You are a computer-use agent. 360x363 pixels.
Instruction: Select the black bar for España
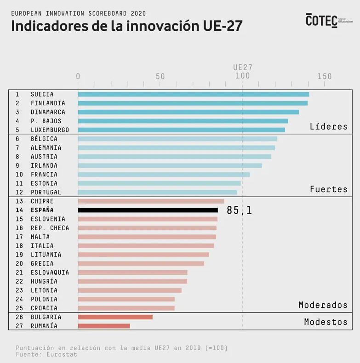click(148, 210)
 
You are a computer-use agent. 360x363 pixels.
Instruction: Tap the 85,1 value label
click(239, 210)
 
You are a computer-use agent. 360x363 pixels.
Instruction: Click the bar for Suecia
click(193, 94)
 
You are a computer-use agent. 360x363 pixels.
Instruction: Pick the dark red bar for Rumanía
click(104, 326)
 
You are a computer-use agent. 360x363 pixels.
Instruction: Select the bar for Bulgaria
click(115, 317)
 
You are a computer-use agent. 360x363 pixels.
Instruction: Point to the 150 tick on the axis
click(324, 76)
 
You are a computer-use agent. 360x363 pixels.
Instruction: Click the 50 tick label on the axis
click(160, 76)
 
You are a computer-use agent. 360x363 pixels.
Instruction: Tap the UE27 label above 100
click(242, 67)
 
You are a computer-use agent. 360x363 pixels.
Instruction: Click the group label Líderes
click(328, 126)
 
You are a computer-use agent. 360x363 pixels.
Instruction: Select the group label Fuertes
click(328, 189)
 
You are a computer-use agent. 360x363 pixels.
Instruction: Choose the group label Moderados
click(323, 305)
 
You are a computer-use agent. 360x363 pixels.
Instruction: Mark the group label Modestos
click(326, 322)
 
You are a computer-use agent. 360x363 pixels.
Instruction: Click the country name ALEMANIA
click(46, 148)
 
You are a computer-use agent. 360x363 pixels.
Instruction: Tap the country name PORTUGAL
click(46, 193)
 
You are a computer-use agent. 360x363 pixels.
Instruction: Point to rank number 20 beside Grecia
click(19, 264)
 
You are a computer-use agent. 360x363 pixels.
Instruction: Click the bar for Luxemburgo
click(181, 130)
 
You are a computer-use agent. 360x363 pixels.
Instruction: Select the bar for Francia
click(164, 175)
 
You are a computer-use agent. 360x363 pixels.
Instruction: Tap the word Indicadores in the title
click(46, 26)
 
